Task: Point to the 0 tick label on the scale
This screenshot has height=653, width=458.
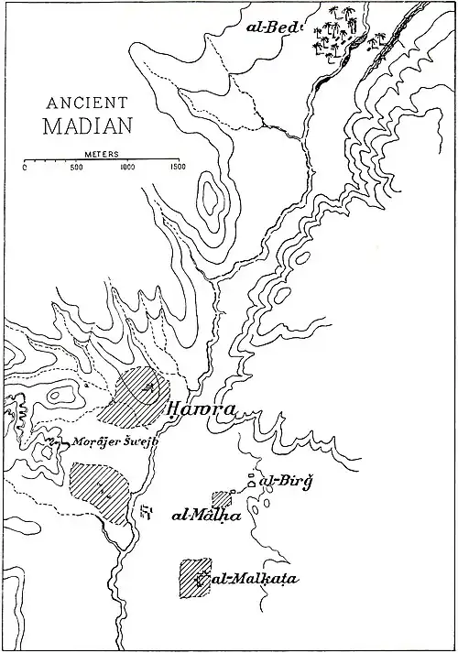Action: pos(25,169)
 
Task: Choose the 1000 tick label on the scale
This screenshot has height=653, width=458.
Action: pos(126,169)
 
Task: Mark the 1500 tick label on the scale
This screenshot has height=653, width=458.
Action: pos(176,169)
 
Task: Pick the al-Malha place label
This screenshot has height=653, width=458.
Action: pos(206,516)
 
